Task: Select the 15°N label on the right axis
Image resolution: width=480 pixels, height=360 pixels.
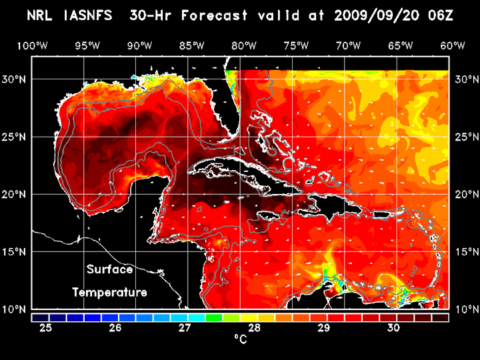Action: pyautogui.click(x=464, y=252)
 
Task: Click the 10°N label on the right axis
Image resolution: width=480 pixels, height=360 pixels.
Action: pyautogui.click(x=464, y=309)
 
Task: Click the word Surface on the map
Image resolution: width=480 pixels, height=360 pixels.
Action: pyautogui.click(x=109, y=270)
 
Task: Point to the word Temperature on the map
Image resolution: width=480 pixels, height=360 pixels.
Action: pyautogui.click(x=109, y=292)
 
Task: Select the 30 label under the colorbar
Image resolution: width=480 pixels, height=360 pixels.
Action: pyautogui.click(x=393, y=328)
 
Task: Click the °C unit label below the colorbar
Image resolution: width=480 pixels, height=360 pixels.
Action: pyautogui.click(x=240, y=339)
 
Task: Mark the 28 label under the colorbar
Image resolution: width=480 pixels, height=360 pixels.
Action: pyautogui.click(x=255, y=328)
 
